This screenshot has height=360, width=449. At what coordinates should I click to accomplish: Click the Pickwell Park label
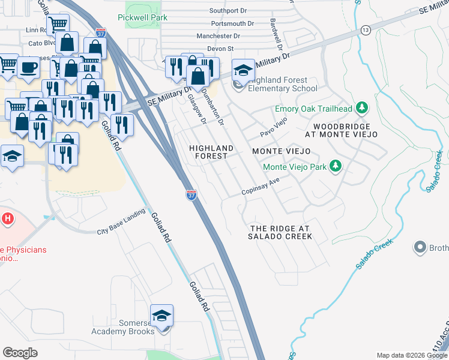point(143,18)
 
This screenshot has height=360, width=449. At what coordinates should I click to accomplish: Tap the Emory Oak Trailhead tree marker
point(361,108)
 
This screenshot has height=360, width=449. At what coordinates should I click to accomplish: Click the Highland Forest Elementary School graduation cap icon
point(243,70)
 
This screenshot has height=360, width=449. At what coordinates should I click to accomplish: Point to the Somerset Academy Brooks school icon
point(161,315)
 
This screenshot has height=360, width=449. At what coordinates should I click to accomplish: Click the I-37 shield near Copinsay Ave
point(191,196)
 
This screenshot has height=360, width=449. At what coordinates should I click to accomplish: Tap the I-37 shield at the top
point(101,32)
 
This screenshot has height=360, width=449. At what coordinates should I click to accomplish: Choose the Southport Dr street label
point(228,11)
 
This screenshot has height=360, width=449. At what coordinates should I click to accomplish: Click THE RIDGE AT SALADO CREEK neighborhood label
point(280,232)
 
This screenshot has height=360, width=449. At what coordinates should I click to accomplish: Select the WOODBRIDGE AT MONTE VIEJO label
point(345,130)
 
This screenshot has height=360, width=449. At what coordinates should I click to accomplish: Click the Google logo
point(20,352)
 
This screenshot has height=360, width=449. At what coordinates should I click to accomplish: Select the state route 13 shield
point(366,29)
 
